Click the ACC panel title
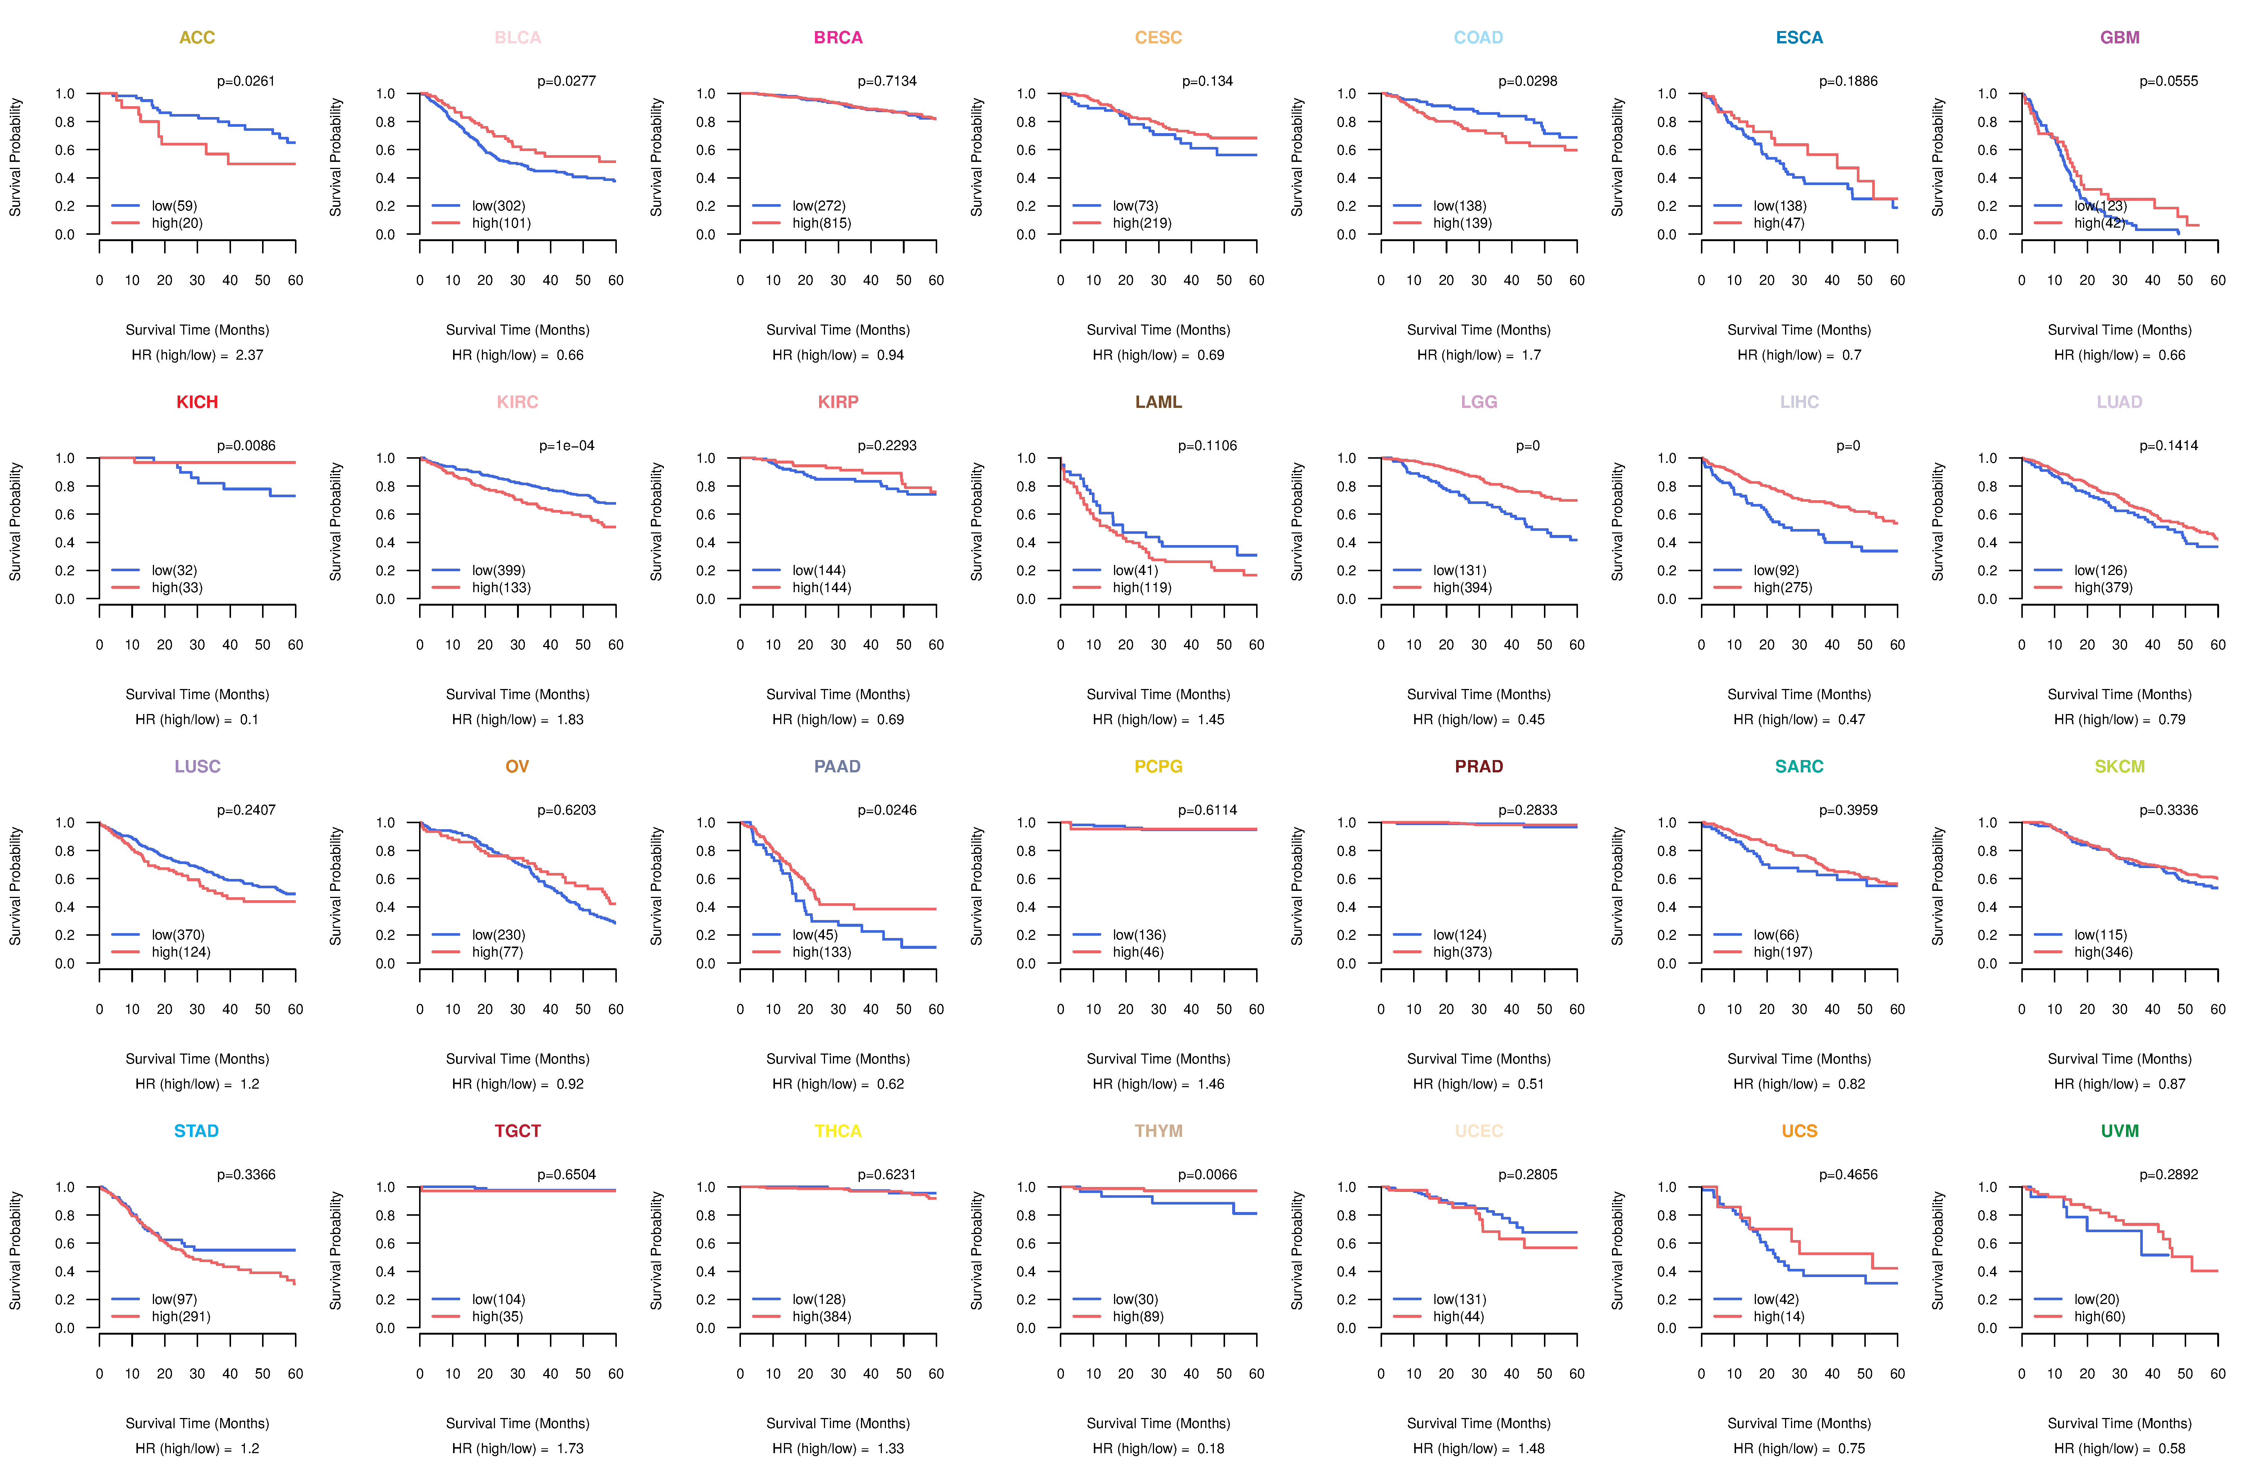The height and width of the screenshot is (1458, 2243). click(197, 38)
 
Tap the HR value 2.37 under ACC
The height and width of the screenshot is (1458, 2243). click(250, 355)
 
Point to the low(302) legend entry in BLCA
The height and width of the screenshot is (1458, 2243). click(499, 206)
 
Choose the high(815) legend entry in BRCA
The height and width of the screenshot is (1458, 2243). click(821, 223)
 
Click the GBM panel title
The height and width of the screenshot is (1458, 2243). click(2120, 38)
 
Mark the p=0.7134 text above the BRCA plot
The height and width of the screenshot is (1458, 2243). click(887, 81)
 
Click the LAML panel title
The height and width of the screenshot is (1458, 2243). click(1158, 402)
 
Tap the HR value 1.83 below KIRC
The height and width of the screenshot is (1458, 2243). click(570, 720)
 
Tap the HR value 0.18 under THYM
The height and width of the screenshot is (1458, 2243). click(1211, 1449)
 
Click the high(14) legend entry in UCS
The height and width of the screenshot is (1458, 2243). click(1778, 1317)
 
